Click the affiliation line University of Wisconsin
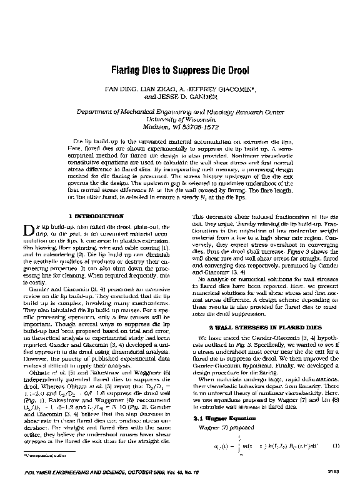click(180, 119)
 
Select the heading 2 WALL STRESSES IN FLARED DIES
click(264, 327)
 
